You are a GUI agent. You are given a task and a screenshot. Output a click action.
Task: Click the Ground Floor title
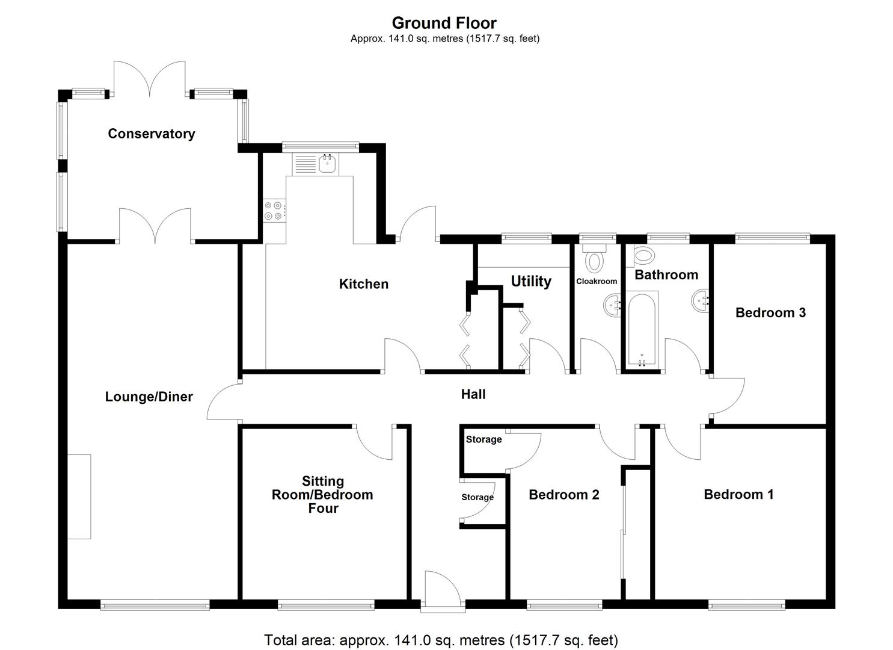coord(444,23)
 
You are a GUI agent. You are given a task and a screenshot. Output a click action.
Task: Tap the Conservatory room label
coord(151,134)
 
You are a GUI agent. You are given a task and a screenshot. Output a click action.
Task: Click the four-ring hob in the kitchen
coord(274,211)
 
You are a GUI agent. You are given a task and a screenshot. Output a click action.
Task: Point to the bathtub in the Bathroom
coord(642,329)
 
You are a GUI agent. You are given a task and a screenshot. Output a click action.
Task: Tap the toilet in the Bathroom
coord(644,255)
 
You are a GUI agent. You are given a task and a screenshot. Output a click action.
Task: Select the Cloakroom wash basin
coord(613,306)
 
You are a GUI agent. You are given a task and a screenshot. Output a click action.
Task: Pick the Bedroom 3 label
coord(770,312)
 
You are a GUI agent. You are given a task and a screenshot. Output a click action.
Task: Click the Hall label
coord(473,394)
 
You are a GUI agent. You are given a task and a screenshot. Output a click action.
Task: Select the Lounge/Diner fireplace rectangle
coord(79,497)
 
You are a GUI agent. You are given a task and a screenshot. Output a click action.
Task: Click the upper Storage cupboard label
coord(483,439)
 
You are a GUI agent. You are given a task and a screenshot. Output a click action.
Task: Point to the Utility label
coord(531,281)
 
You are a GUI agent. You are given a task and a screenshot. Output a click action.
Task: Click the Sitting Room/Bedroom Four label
coord(323,495)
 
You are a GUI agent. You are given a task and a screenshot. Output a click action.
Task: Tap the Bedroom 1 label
coord(738,494)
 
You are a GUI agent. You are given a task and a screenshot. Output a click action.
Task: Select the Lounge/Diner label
coord(149,397)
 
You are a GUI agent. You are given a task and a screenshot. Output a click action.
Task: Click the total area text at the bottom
coord(441,640)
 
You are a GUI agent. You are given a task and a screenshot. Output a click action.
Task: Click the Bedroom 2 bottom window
coord(564,605)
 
